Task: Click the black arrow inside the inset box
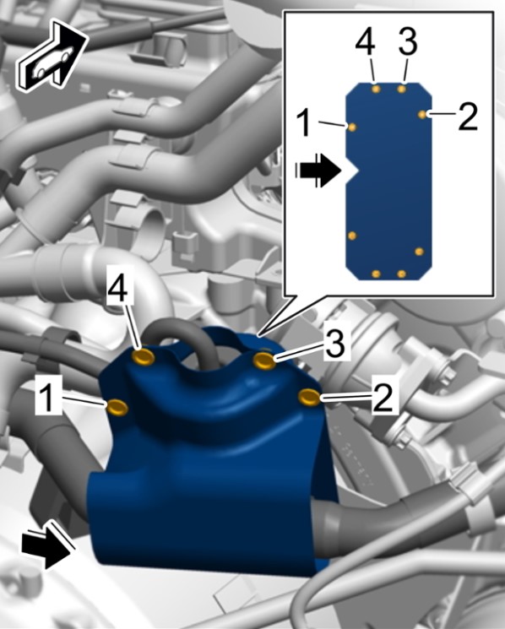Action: coord(318,171)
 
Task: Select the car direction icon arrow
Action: coord(52,57)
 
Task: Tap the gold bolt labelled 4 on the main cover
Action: coord(144,356)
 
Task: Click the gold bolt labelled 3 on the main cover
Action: coord(264,361)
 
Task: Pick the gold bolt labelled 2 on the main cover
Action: coord(309,397)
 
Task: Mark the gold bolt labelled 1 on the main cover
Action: coord(117,407)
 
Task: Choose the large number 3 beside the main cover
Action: coord(336,344)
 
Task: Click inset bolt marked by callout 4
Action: coord(376,89)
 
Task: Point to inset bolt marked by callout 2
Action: coord(422,115)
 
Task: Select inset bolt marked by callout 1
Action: coord(352,127)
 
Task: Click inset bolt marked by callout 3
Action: coord(401,89)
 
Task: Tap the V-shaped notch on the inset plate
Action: coord(352,171)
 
